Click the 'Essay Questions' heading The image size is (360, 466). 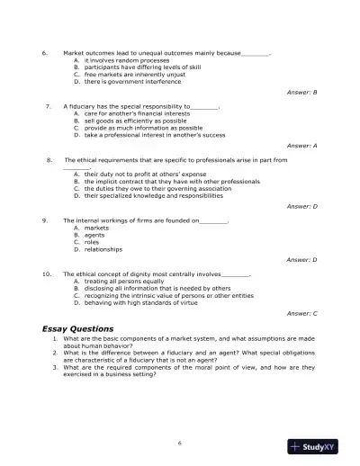(77, 328)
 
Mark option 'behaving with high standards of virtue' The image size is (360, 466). (139, 300)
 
